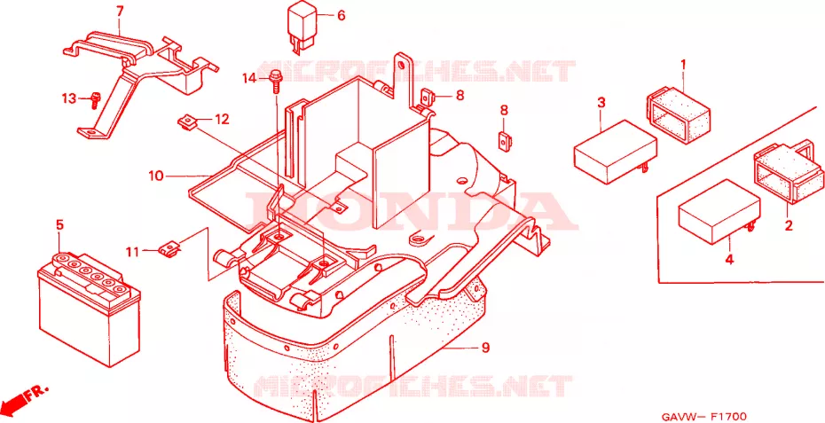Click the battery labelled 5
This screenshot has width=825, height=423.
tap(90, 310)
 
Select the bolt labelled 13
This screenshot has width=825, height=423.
tap(95, 99)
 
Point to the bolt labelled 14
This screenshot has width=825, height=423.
tap(275, 81)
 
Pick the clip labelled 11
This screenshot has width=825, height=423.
tap(169, 247)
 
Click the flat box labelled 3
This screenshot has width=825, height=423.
tap(615, 152)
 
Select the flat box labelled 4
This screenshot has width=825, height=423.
tap(719, 211)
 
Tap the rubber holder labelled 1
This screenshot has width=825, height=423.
tap(678, 114)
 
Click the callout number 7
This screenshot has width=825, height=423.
tap(119, 10)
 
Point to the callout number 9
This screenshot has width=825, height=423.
tap(484, 348)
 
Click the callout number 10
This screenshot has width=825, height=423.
tap(156, 176)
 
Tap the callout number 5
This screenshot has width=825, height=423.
tap(59, 225)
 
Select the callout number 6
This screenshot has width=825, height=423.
tap(341, 16)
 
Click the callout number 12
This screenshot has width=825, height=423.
tap(222, 120)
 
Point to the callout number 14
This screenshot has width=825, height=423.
tap(250, 79)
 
